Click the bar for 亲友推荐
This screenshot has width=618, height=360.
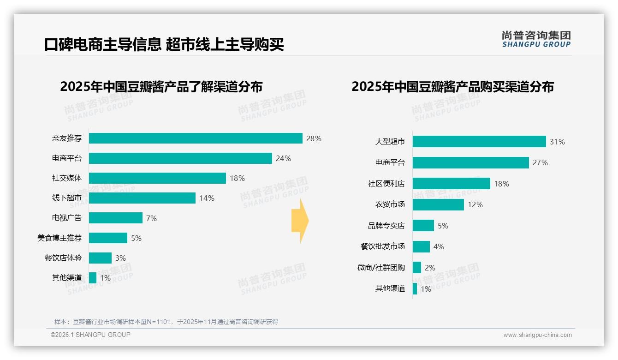pos(196,138)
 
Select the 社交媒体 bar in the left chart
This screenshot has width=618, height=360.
pos(157,178)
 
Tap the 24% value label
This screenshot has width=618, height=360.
pos(283,158)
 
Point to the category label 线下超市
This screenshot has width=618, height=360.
pos(67,198)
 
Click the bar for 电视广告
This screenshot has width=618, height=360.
pos(116,218)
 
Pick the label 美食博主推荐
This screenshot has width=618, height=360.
pos(59,238)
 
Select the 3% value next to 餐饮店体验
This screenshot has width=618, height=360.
pos(120,258)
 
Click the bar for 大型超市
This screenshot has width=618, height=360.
pos(479,142)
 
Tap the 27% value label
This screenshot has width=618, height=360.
pos(540,162)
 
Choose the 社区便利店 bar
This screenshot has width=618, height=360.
pos(452,184)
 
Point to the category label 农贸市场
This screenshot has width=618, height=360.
pos(390,204)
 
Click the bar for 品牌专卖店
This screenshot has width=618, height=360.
pos(423,226)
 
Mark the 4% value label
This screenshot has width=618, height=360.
pos(439,246)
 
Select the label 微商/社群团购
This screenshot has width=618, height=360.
pos(381,268)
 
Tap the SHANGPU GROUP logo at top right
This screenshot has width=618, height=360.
pos(536,39)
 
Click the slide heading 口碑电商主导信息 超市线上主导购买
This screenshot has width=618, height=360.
pos(164,44)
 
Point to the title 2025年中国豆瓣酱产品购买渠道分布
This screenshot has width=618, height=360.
pos(452,87)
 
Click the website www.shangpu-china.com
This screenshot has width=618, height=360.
pos(537,335)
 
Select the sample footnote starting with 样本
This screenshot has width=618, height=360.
pos(166,322)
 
